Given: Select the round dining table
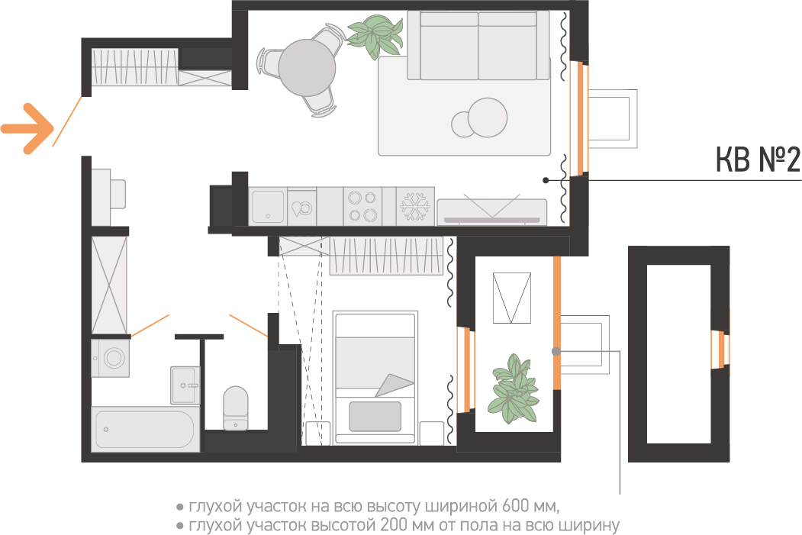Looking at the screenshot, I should (x=307, y=67).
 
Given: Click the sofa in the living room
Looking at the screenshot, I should (x=478, y=46).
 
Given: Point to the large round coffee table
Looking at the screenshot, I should (x=487, y=117).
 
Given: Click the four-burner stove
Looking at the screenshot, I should (x=362, y=206).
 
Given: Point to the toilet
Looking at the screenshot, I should (x=235, y=407).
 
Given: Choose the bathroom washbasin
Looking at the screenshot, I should (x=185, y=385).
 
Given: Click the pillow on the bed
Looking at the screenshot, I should (x=375, y=416).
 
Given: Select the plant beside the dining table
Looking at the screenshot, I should (x=375, y=36).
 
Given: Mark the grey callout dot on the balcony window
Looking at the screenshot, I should (x=556, y=351).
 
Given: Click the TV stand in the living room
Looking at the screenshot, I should (x=491, y=211).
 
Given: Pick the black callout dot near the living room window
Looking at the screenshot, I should (x=546, y=180).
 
